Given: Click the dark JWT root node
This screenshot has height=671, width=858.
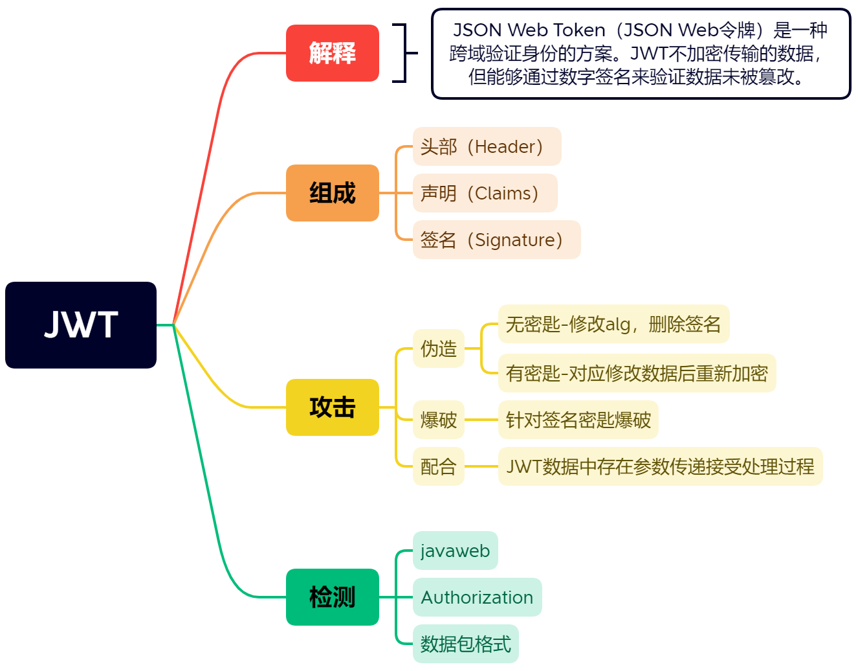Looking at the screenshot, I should [x=81, y=325].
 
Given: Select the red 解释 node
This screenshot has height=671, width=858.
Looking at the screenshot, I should [x=332, y=53].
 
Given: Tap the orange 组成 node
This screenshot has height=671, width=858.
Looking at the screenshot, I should [x=332, y=193].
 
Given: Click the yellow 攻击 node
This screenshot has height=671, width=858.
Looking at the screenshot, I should [x=332, y=407].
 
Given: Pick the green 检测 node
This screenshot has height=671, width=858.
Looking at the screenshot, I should [x=332, y=597].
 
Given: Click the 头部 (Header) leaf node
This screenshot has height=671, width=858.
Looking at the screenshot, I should [x=487, y=146].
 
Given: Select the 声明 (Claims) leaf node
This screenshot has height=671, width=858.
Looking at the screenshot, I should [x=485, y=193].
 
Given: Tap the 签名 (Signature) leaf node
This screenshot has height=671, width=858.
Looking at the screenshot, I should [x=496, y=240].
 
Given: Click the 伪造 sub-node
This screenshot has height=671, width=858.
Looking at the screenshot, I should [x=439, y=348].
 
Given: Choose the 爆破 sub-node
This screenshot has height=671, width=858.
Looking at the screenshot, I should [x=439, y=420].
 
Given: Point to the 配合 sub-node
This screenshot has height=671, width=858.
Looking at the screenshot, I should [x=439, y=466].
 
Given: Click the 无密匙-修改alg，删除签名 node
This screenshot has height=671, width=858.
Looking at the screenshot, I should [x=613, y=324].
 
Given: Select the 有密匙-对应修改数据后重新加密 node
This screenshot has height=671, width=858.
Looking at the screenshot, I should [x=637, y=373].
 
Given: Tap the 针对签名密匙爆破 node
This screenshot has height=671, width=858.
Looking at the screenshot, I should [x=578, y=420].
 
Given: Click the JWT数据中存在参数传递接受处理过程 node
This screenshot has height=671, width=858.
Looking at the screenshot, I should [x=660, y=466].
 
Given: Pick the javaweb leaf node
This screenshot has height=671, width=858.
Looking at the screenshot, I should [x=455, y=551].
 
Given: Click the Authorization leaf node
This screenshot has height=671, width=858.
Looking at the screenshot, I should [x=477, y=597].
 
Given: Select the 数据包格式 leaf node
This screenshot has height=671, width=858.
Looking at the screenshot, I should [x=465, y=644].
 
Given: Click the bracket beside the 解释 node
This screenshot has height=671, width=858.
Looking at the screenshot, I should [x=402, y=53].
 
